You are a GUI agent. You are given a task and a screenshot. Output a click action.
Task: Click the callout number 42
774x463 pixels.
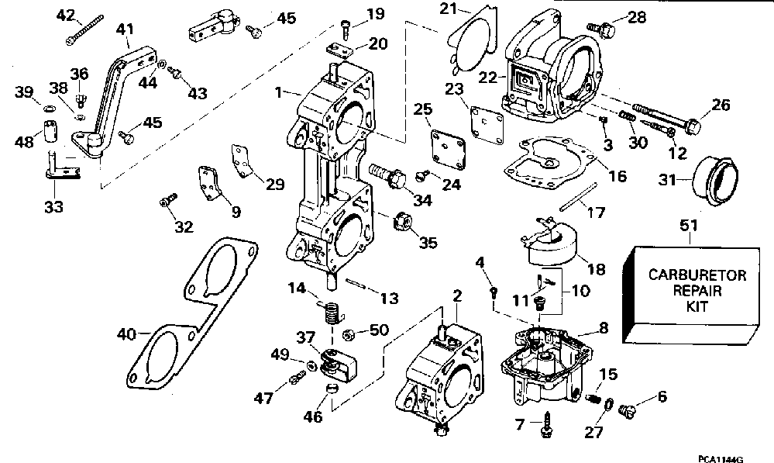pyautogui.click(x=66, y=16)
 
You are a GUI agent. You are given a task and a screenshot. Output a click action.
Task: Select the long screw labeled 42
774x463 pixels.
pyautogui.click(x=84, y=30)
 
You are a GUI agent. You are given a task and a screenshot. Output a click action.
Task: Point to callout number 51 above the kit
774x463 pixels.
pyautogui.click(x=689, y=226)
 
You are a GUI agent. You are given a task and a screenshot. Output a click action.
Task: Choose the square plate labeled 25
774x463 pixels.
pyautogui.click(x=449, y=149)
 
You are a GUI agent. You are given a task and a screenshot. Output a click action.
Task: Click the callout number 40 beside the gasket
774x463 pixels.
pyautogui.click(x=126, y=334)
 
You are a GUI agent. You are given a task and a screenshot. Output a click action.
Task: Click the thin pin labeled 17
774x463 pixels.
pyautogui.click(x=579, y=197)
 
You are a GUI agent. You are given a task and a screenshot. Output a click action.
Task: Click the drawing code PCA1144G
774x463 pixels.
pyautogui.click(x=721, y=459)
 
